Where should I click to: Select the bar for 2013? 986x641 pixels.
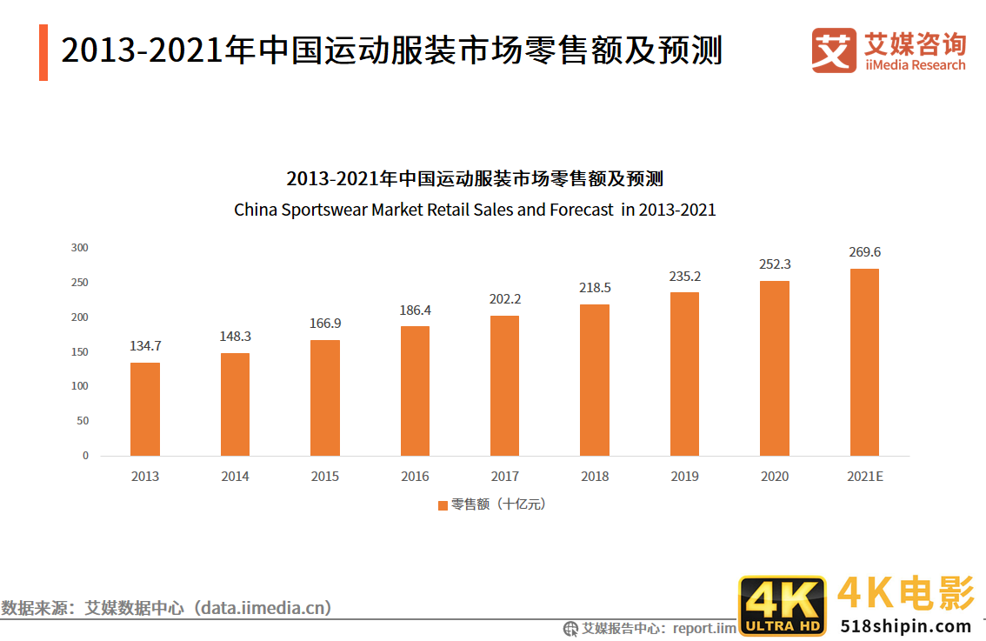point(145,409)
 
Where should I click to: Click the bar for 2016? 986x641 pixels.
point(415,391)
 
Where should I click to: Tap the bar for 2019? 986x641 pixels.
point(684,374)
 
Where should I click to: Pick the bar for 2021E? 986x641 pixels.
point(864,362)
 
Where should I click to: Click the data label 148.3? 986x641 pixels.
point(235,337)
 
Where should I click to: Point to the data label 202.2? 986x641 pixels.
point(504,299)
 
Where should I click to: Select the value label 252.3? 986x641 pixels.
point(774,264)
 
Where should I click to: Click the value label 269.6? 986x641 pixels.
point(864,252)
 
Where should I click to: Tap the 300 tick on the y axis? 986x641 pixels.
point(80,248)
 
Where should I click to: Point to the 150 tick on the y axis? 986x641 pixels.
point(80,352)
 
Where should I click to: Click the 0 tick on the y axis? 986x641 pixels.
point(85,456)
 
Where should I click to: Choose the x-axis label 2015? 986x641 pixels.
point(325,477)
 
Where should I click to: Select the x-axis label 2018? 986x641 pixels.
point(595,477)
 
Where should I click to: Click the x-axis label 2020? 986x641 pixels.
point(774,477)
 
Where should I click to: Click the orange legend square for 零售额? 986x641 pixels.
point(443,504)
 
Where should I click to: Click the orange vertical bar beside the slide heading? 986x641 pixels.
point(43,52)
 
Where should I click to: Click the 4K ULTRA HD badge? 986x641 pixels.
point(782,606)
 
